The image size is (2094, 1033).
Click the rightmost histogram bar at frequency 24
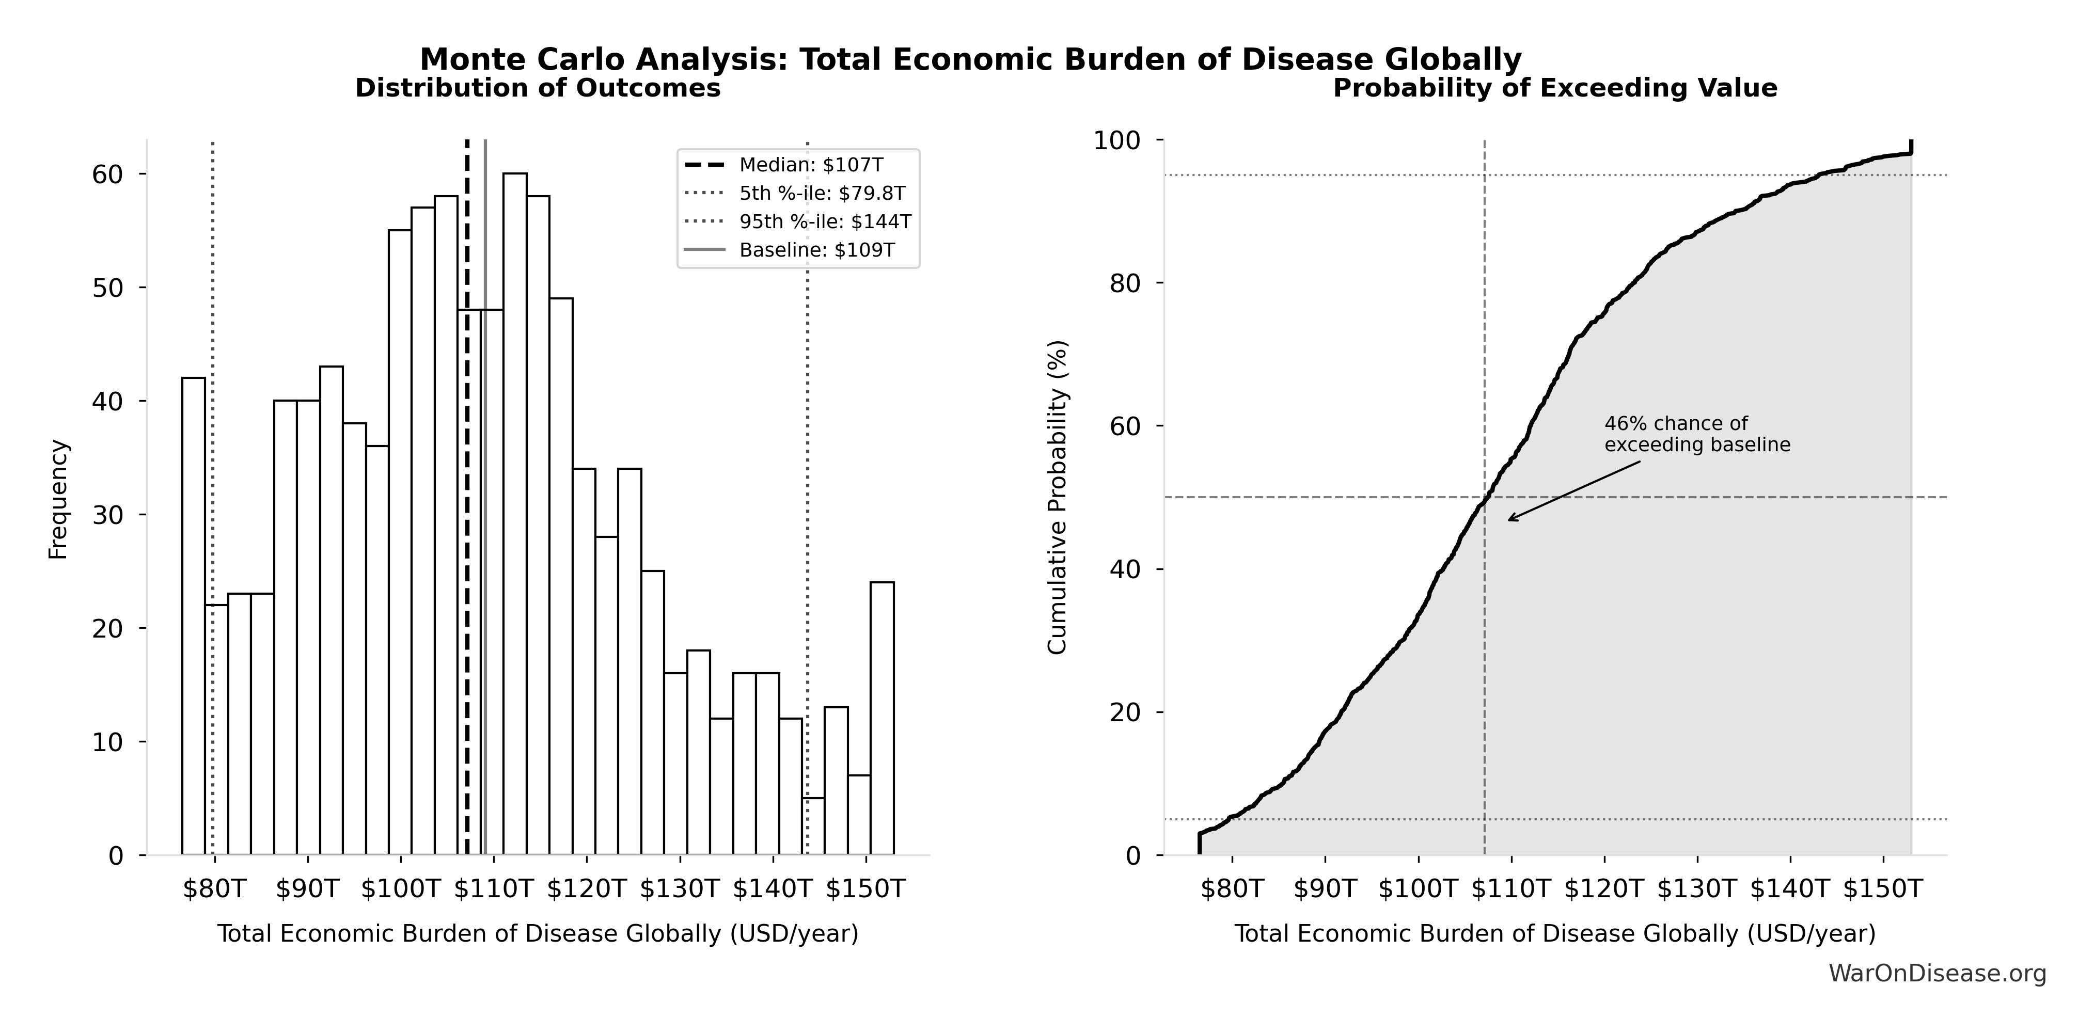pyautogui.click(x=882, y=719)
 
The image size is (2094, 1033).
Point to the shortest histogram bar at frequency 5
pyautogui.click(x=813, y=826)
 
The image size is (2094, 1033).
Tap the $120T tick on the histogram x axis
pyautogui.click(x=586, y=888)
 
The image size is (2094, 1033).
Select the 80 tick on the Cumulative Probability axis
pyautogui.click(x=1125, y=283)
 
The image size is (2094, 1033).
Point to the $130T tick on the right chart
pyautogui.click(x=1697, y=888)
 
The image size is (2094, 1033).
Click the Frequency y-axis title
pyautogui.click(x=58, y=499)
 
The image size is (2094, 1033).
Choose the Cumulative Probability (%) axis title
pyautogui.click(x=1057, y=498)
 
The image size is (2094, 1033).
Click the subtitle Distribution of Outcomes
pyautogui.click(x=538, y=88)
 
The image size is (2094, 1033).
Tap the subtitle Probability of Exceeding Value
pyautogui.click(x=1554, y=88)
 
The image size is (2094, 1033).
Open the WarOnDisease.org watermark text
pyautogui.click(x=1937, y=973)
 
